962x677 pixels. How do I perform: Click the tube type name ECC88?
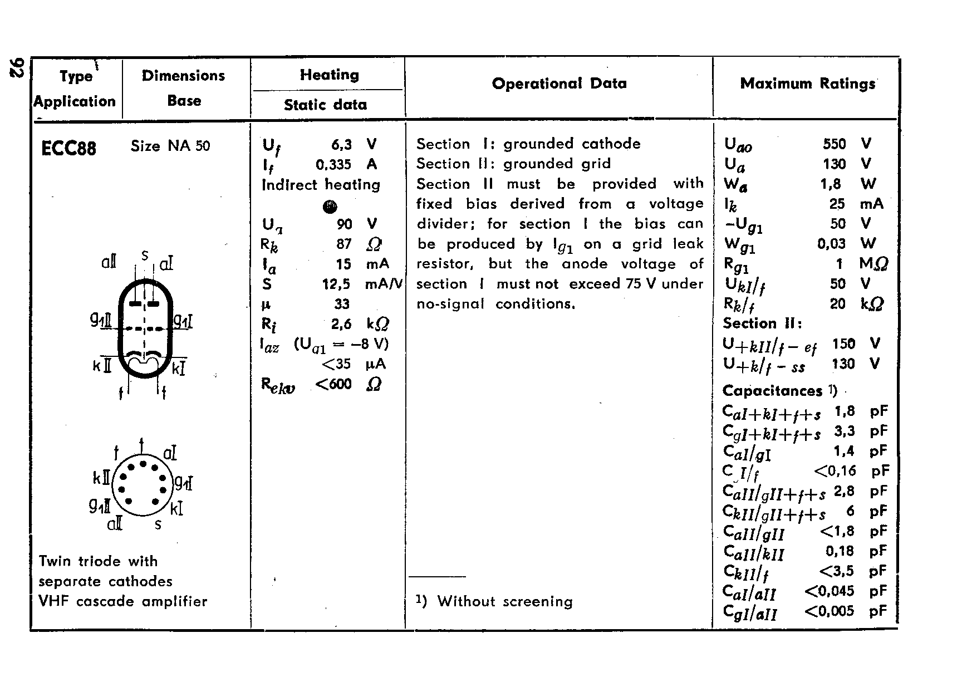click(x=68, y=148)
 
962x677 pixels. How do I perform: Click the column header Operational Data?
click(x=559, y=84)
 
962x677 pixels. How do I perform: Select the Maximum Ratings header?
click(x=807, y=84)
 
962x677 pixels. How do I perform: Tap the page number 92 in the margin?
click(x=16, y=68)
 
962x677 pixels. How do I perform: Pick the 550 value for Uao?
click(x=834, y=144)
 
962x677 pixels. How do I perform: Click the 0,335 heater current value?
click(x=333, y=164)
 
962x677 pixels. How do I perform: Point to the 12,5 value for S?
click(x=336, y=284)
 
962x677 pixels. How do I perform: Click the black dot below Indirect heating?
click(x=330, y=207)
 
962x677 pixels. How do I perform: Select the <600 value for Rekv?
click(x=333, y=384)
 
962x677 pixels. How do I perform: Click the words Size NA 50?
click(x=170, y=146)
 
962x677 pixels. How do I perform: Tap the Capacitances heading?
click(x=772, y=391)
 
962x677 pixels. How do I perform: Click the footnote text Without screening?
click(x=504, y=601)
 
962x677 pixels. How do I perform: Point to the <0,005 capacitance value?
click(x=829, y=611)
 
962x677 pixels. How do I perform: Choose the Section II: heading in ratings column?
click(x=762, y=323)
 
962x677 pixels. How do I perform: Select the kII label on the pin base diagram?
click(x=102, y=478)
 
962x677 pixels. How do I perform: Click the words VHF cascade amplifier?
click(x=122, y=601)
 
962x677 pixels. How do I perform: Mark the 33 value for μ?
click(x=342, y=304)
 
